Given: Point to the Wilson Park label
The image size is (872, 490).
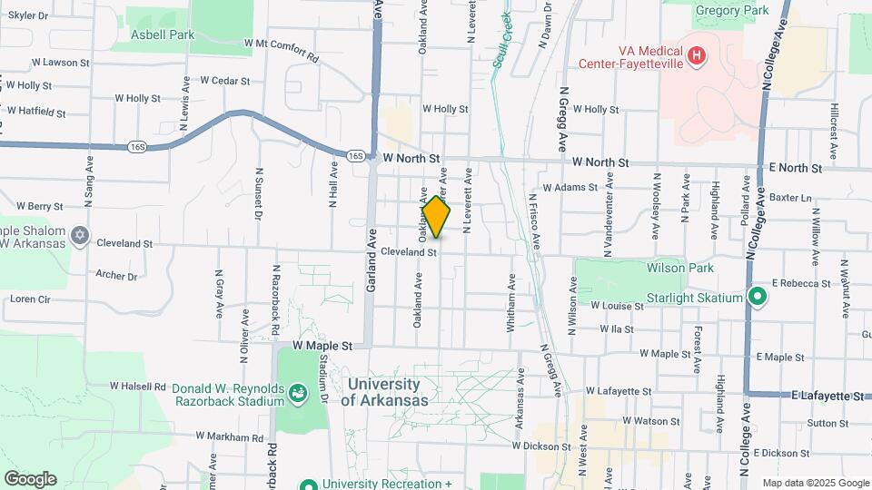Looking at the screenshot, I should (680, 269).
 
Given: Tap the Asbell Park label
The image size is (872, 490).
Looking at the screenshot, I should (163, 34).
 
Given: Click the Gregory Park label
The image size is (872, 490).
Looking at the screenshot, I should (731, 11).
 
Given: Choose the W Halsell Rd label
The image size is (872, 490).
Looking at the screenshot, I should (138, 387).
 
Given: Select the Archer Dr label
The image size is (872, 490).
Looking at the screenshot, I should (116, 276).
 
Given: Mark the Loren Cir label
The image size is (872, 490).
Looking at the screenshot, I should (30, 299).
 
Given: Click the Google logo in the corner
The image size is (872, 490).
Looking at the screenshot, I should (30, 478).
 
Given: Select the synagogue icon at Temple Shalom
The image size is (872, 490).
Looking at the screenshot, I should (79, 236).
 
